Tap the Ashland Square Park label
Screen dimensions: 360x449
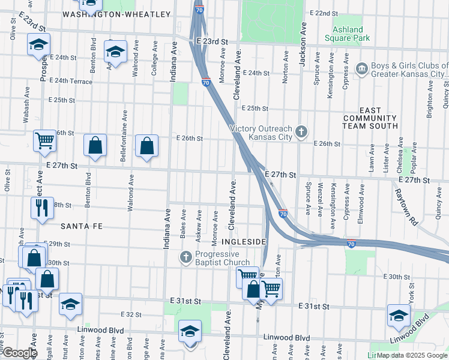pos(348,34)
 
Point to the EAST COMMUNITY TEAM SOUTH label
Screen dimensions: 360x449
pos(370,118)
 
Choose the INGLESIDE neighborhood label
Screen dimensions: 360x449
pos(243,242)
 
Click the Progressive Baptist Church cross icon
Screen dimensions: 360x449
pos(186,257)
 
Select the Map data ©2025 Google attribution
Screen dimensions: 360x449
pos(412,355)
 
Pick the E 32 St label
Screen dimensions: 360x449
pos(130,314)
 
